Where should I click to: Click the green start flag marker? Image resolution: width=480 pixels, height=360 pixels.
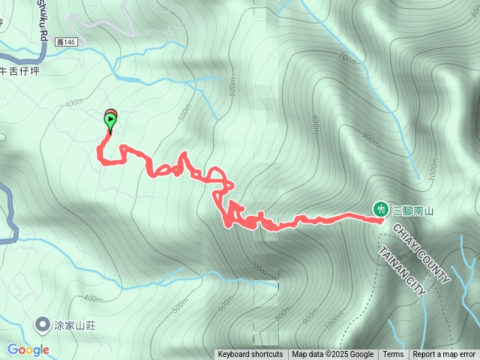[x=111, y=119]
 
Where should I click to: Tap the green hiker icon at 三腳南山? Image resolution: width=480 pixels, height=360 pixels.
[x=381, y=208]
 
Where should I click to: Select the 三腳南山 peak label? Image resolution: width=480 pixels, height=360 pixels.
[x=413, y=211]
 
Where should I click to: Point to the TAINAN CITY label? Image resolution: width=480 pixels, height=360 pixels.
[x=402, y=271]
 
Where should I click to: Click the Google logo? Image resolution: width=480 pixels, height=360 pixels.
[x=28, y=349]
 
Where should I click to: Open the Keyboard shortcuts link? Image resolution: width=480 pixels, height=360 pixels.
[x=250, y=355]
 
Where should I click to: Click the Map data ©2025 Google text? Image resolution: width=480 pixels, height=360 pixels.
[x=332, y=355]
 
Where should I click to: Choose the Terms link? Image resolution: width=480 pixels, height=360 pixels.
[x=393, y=355]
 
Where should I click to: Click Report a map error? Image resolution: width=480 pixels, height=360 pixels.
[x=445, y=355]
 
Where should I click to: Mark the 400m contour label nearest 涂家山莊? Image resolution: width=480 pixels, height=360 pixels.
[x=94, y=299]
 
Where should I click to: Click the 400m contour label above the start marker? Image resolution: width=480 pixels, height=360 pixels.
[x=74, y=103]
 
